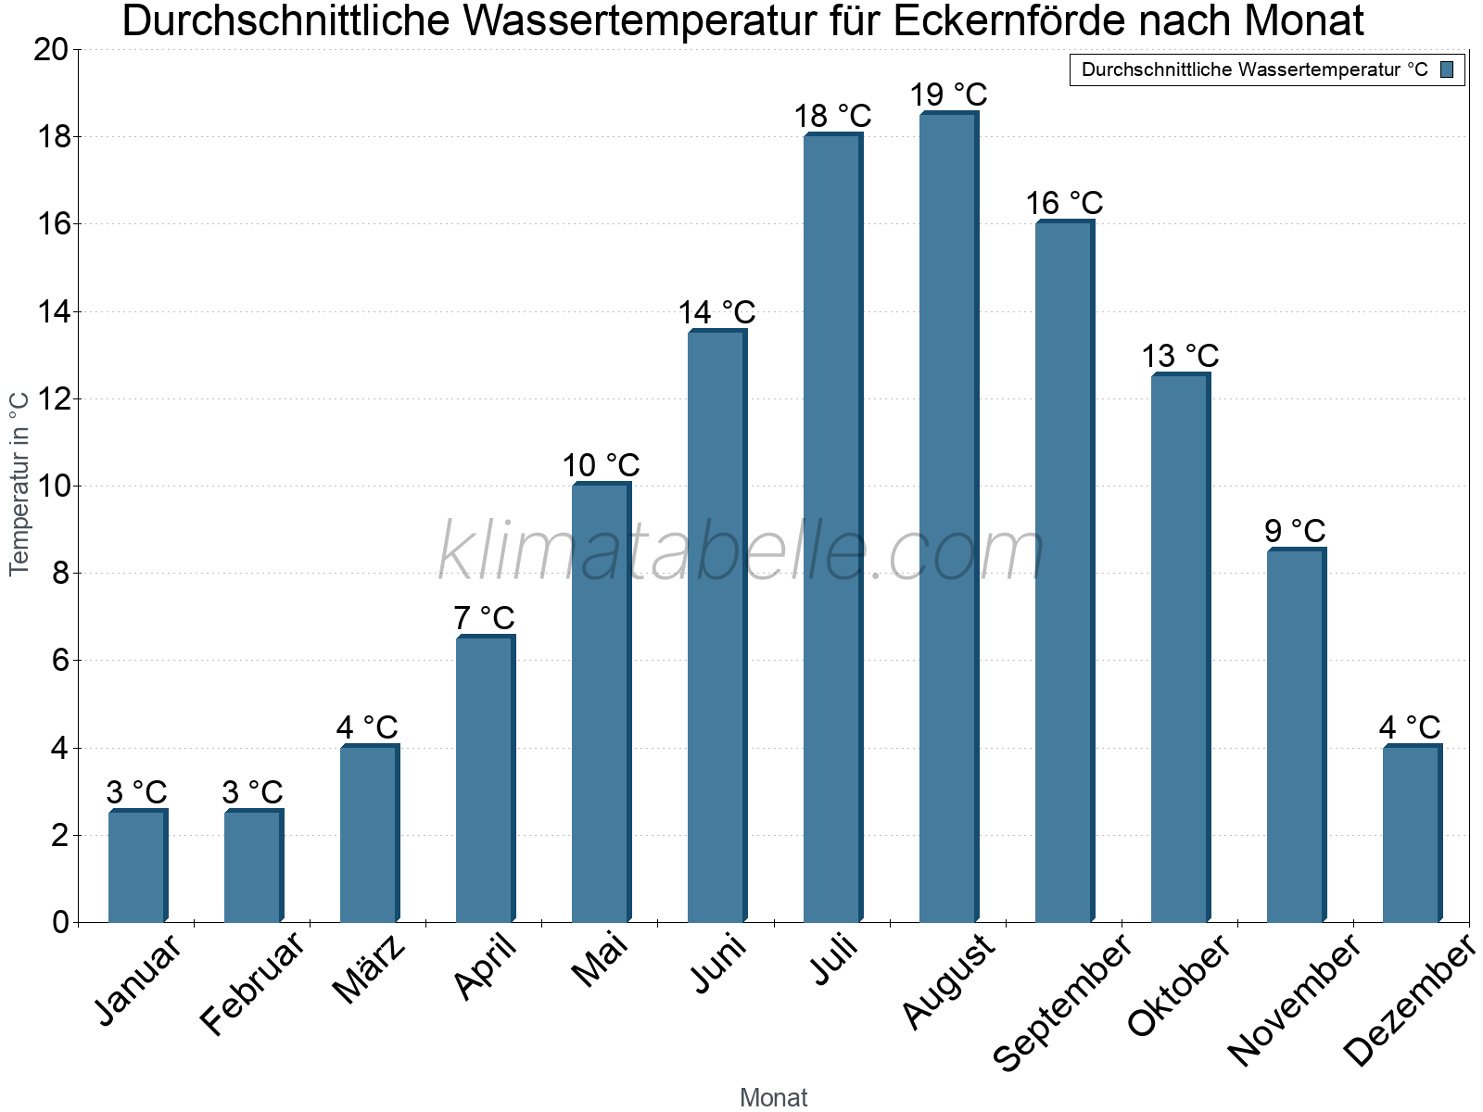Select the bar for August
pos(948,519)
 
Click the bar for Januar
pos(137,866)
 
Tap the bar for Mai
pos(601,704)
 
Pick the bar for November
pos(1296,737)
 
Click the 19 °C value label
pos(948,95)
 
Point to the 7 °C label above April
pos(484,617)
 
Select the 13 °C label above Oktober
pos(1179,356)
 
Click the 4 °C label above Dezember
pos(1410,727)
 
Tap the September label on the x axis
pos(1062,1003)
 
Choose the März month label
pos(370,969)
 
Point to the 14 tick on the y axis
pos(55,312)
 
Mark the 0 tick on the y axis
pos(61,922)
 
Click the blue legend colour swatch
pos(1447,69)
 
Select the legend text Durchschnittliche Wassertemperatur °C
pos(1254,69)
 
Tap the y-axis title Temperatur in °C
pos(19,484)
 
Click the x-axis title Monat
pos(774,1097)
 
